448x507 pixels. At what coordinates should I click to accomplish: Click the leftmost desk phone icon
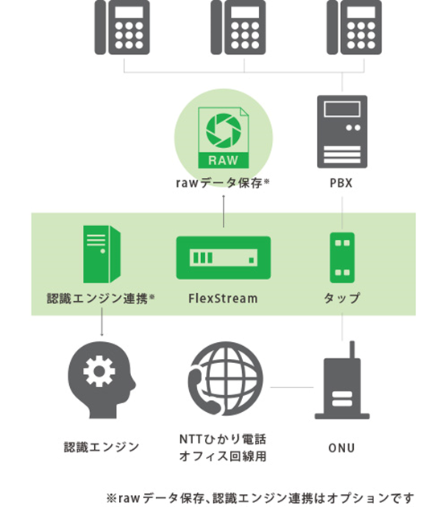pyautogui.click(x=122, y=27)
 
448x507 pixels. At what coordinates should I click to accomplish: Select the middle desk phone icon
pyautogui.click(x=238, y=27)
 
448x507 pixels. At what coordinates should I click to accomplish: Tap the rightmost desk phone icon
pyautogui.click(x=354, y=27)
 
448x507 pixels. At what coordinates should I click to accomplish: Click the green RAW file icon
pyautogui.click(x=224, y=138)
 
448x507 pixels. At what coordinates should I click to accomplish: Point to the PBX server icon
pyautogui.click(x=342, y=132)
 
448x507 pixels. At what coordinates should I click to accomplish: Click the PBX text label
pyautogui.click(x=341, y=183)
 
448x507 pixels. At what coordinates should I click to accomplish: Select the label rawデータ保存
pyautogui.click(x=219, y=183)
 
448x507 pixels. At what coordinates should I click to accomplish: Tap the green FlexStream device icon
pyautogui.click(x=224, y=258)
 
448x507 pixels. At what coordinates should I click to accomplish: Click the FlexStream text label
pyautogui.click(x=223, y=299)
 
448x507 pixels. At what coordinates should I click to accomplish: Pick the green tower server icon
pyautogui.click(x=102, y=254)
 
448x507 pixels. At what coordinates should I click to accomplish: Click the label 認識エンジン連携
pyautogui.click(x=97, y=299)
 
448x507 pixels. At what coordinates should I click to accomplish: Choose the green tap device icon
pyautogui.click(x=342, y=258)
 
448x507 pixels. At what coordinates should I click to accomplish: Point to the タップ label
pyautogui.click(x=342, y=298)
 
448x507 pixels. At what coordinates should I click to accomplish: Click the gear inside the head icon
pyautogui.click(x=99, y=371)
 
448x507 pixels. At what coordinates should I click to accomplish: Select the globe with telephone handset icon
pyautogui.click(x=226, y=378)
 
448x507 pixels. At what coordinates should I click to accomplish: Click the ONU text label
pyautogui.click(x=342, y=448)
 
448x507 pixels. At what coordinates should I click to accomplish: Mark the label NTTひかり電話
pyautogui.click(x=223, y=439)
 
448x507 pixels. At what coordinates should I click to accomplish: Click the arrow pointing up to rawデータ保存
pyautogui.click(x=224, y=211)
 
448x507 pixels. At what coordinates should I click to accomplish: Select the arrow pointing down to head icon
pyautogui.click(x=102, y=322)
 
